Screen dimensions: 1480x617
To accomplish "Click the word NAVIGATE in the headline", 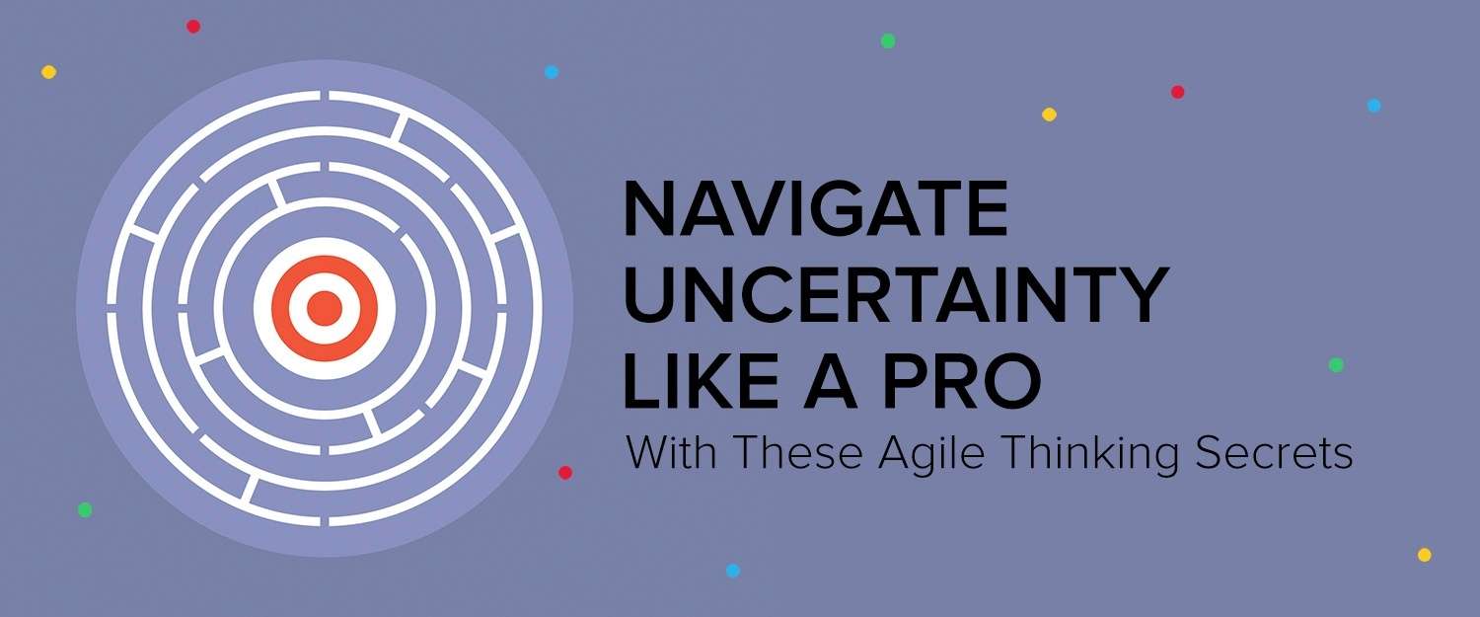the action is tap(815, 209).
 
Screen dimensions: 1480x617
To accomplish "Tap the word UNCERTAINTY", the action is tap(896, 295).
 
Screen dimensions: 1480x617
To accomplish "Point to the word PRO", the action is tap(962, 381).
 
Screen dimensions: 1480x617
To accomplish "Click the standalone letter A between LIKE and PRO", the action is tap(830, 381).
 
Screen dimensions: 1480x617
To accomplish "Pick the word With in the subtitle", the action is tap(671, 453).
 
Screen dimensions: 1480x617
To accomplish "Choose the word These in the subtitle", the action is tap(799, 453).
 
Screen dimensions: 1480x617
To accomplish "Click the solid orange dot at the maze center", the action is tap(325, 309).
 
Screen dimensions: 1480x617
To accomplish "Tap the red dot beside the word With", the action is tap(565, 473).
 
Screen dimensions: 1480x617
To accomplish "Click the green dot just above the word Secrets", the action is tap(1336, 365).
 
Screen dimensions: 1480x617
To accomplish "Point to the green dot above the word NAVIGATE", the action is tap(888, 41).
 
